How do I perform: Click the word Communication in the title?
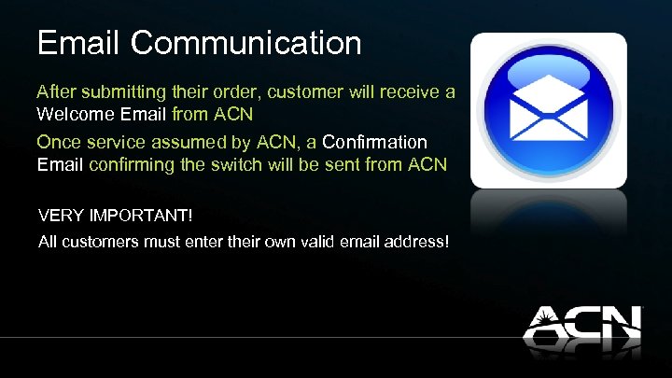pos(246,43)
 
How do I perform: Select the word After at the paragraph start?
pos(55,92)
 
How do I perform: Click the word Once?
pos(58,142)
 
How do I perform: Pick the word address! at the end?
pos(421,243)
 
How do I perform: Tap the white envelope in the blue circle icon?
pos(548,109)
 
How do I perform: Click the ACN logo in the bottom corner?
pos(581,329)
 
